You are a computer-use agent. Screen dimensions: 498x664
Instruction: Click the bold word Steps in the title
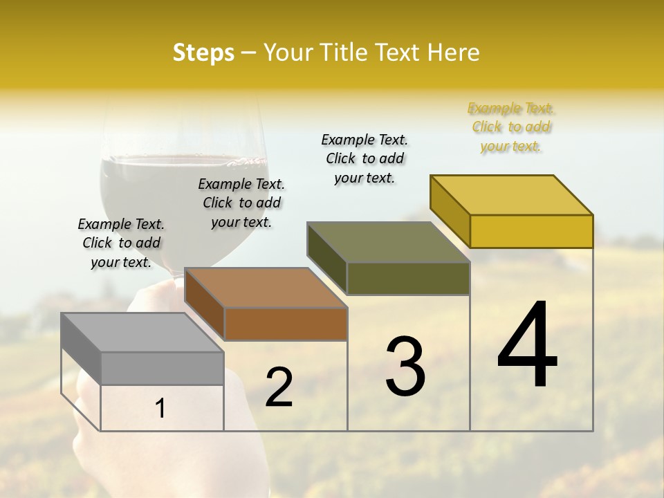point(203,53)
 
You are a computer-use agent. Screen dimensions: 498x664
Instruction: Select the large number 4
point(528,346)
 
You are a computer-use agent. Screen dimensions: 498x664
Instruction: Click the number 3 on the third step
point(405,366)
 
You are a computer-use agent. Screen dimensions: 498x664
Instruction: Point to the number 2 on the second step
point(279,387)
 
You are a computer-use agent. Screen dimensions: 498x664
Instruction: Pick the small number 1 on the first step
point(160,409)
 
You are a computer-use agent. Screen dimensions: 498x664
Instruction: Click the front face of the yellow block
point(531,231)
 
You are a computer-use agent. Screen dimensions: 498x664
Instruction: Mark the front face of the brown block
point(286,324)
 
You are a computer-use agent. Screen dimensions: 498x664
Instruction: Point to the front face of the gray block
point(163,368)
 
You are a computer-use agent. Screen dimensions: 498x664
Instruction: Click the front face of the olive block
point(408,278)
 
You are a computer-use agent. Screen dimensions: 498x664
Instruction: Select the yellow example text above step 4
point(511,127)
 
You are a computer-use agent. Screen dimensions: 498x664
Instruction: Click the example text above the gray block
point(121,243)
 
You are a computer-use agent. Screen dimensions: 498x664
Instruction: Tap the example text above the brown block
point(241,203)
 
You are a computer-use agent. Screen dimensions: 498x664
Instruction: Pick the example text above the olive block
point(365,158)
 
